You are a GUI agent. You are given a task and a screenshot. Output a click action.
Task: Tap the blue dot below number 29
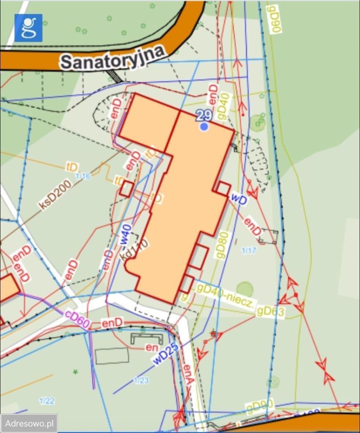pyautogui.click(x=204, y=127)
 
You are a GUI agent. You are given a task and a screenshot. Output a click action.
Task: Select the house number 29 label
pyautogui.click(x=204, y=116)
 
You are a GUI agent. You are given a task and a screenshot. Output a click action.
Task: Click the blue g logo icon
pyautogui.click(x=28, y=28)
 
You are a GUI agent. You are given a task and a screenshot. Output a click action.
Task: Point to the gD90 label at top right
pyautogui.click(x=274, y=19)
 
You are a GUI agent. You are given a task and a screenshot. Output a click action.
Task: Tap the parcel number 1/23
pyautogui.click(x=141, y=381)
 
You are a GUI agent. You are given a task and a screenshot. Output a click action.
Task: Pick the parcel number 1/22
pyautogui.click(x=47, y=401)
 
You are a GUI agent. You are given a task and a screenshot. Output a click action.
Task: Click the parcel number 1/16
pyautogui.click(x=83, y=176)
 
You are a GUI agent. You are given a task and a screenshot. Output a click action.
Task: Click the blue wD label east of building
pyautogui.click(x=239, y=198)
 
